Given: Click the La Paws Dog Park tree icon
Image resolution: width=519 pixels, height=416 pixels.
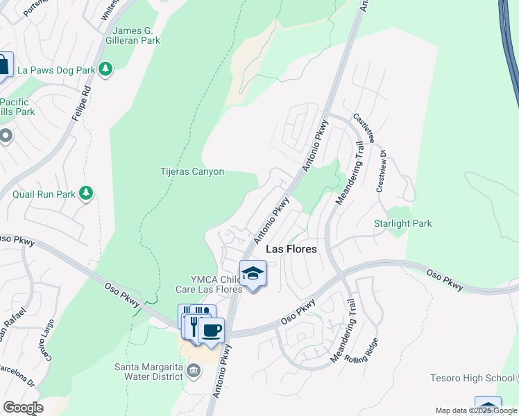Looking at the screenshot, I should [105, 69].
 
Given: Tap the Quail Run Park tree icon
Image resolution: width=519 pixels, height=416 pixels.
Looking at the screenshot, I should [86, 193].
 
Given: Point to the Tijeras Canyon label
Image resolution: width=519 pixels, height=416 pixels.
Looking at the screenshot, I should [192, 171].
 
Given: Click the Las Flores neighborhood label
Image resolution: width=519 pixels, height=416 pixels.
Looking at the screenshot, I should [291, 249].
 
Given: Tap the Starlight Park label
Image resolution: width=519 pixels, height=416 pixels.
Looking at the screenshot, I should [402, 223].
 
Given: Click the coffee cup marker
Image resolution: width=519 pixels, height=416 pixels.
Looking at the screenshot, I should [212, 330].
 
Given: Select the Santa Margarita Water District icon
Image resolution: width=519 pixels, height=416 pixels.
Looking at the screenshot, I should [194, 370].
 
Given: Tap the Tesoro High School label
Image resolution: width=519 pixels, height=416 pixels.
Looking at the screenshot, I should [471, 378].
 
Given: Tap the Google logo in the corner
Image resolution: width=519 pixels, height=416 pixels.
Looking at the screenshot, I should [23, 408].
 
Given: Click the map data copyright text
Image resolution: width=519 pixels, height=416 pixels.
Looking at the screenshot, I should [476, 410].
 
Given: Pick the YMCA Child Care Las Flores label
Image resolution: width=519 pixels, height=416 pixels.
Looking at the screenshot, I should [209, 284].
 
